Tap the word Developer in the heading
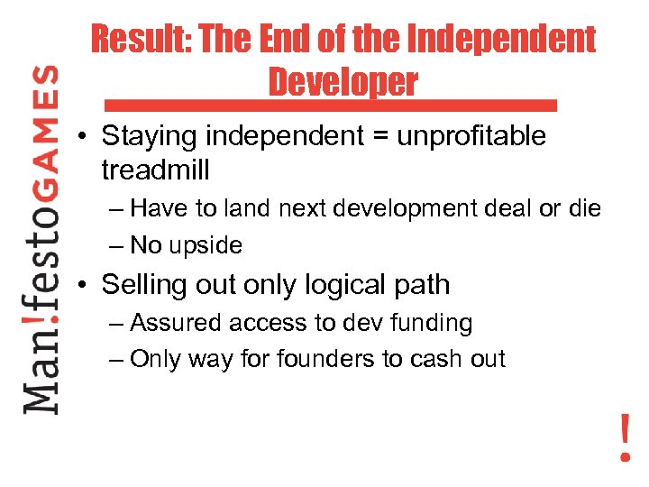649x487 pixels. [343, 82]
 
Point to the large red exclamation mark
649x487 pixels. [625, 436]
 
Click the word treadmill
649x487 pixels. [156, 169]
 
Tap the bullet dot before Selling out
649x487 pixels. [82, 286]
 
